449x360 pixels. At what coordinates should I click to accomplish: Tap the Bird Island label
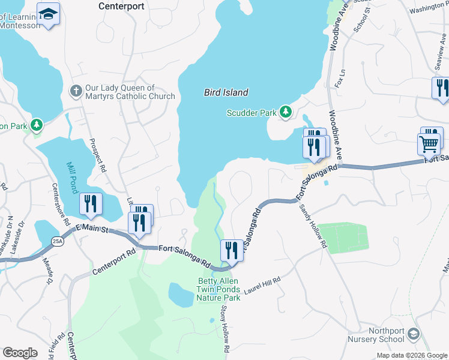226,92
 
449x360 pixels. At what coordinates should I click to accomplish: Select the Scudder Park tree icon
286,112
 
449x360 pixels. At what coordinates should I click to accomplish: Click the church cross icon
76,91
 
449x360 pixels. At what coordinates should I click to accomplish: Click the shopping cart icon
429,144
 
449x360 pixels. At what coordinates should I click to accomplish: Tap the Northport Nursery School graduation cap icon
413,334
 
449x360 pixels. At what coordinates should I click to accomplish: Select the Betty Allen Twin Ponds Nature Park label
219,289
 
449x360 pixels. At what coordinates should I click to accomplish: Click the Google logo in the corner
20,353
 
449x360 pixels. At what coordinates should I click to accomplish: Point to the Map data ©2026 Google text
412,355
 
